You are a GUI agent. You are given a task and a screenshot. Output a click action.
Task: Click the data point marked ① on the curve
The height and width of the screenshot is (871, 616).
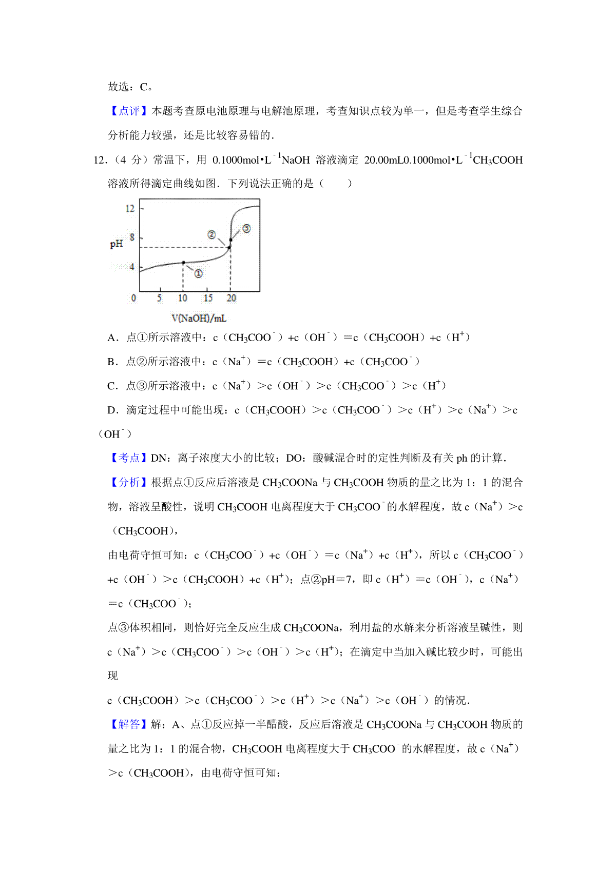(183, 263)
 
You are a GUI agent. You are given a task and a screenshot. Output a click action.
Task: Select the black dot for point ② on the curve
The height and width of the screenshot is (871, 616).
(229, 247)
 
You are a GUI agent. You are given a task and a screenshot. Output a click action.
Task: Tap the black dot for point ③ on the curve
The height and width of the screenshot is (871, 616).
(231, 240)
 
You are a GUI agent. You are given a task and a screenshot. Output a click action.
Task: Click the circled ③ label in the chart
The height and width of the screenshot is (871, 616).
(246, 228)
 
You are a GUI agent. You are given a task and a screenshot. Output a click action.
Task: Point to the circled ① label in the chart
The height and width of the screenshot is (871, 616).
(198, 274)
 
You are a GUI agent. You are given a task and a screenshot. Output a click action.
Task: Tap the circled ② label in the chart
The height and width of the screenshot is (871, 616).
(212, 234)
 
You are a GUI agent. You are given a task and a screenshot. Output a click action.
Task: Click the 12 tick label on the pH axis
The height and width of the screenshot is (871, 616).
(130, 208)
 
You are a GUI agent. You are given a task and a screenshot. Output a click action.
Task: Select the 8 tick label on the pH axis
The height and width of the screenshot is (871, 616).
(132, 237)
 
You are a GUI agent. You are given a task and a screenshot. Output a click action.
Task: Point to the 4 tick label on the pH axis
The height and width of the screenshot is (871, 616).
(132, 267)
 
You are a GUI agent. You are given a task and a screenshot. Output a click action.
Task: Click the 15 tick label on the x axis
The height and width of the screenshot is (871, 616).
(208, 298)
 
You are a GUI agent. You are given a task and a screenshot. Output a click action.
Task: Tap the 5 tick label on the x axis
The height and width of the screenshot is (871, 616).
(159, 298)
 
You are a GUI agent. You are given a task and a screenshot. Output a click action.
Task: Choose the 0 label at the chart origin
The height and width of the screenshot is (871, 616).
(134, 298)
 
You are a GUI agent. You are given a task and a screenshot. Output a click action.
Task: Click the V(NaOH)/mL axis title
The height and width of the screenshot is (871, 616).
(199, 319)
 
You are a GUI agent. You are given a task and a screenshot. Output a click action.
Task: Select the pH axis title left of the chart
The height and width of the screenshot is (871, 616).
(117, 244)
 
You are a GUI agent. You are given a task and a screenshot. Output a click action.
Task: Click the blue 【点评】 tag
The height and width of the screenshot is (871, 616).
(129, 111)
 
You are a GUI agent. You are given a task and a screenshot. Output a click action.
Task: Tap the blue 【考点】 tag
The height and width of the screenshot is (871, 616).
(129, 458)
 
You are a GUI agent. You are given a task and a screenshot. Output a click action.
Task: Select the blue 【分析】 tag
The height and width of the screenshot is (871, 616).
(129, 482)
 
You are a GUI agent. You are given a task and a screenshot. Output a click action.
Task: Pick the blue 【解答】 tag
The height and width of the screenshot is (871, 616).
(129, 724)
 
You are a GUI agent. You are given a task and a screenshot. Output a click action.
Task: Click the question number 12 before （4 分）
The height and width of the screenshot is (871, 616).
(99, 160)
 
